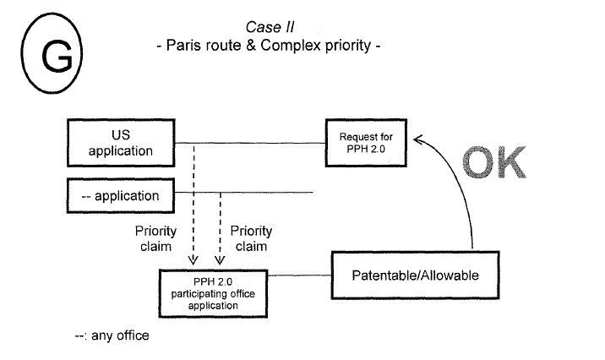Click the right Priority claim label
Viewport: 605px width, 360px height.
click(x=251, y=238)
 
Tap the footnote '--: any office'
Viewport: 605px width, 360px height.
click(x=112, y=335)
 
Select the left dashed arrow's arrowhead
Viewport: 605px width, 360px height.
click(x=193, y=260)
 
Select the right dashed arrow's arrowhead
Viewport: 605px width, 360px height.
click(x=219, y=260)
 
